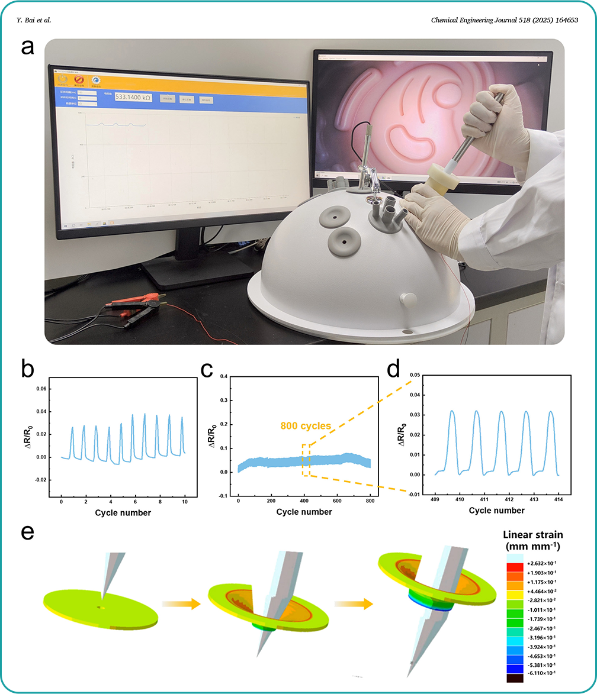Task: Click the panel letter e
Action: [x=27, y=532]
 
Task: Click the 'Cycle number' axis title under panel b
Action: [x=123, y=512]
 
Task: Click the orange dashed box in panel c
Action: [x=306, y=460]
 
